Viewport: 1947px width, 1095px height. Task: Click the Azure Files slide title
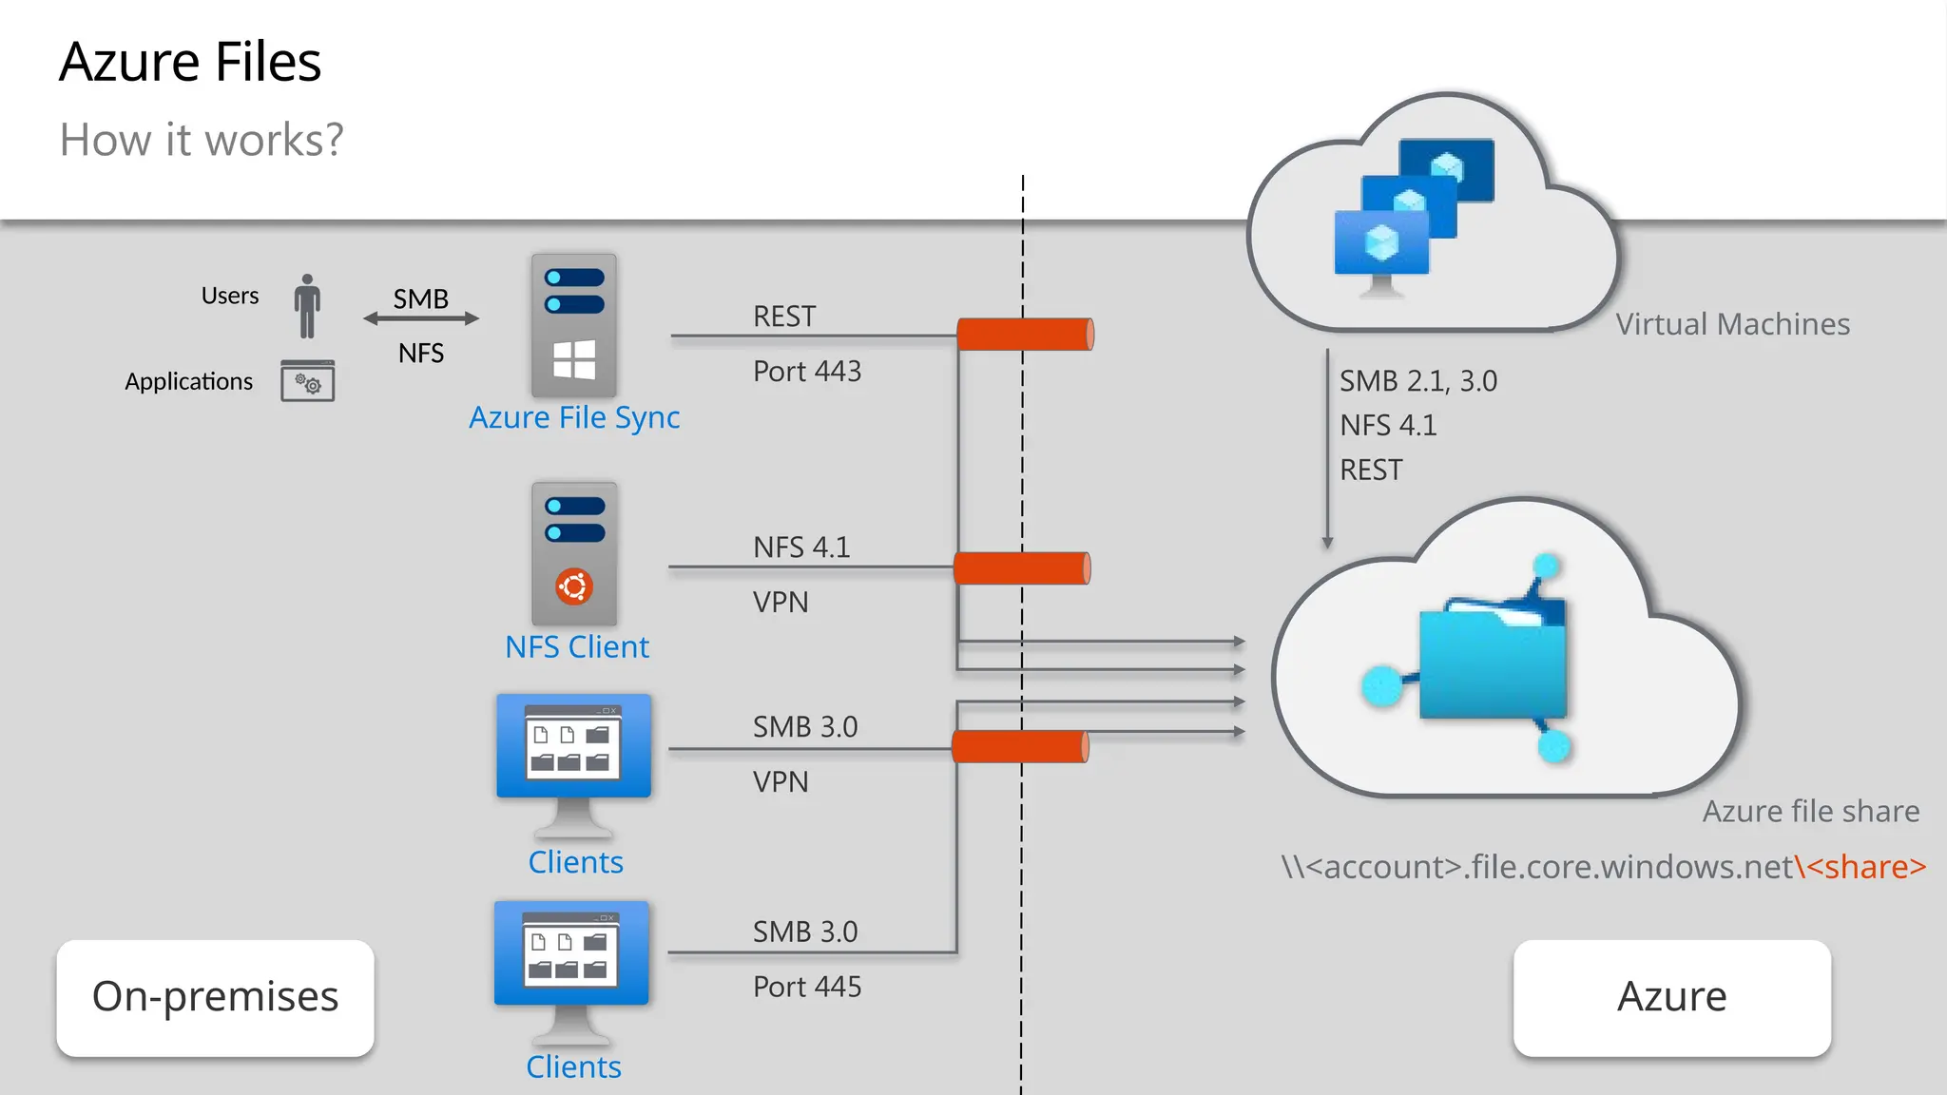190,63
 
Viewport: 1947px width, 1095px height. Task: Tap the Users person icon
306,306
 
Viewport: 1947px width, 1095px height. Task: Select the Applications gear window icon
307,381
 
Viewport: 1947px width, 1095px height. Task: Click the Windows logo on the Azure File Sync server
574,360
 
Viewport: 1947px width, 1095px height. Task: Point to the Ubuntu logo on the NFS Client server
574,586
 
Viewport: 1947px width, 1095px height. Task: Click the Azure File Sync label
574,417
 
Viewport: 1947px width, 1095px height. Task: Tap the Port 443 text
806,371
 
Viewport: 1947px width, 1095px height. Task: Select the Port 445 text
806,987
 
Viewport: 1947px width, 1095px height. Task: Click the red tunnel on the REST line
1025,335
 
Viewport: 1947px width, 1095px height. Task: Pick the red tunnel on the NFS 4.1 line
1021,568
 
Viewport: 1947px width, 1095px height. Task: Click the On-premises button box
216,997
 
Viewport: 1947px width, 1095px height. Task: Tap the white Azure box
1671,997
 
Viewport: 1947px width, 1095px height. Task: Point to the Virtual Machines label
1732,324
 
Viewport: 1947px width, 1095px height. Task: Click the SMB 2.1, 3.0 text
1417,381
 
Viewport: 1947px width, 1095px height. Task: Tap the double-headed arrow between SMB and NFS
421,319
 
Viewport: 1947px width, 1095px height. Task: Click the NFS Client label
576,647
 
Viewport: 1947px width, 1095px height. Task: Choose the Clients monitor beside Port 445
571,955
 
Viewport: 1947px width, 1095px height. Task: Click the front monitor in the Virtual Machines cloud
1381,244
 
